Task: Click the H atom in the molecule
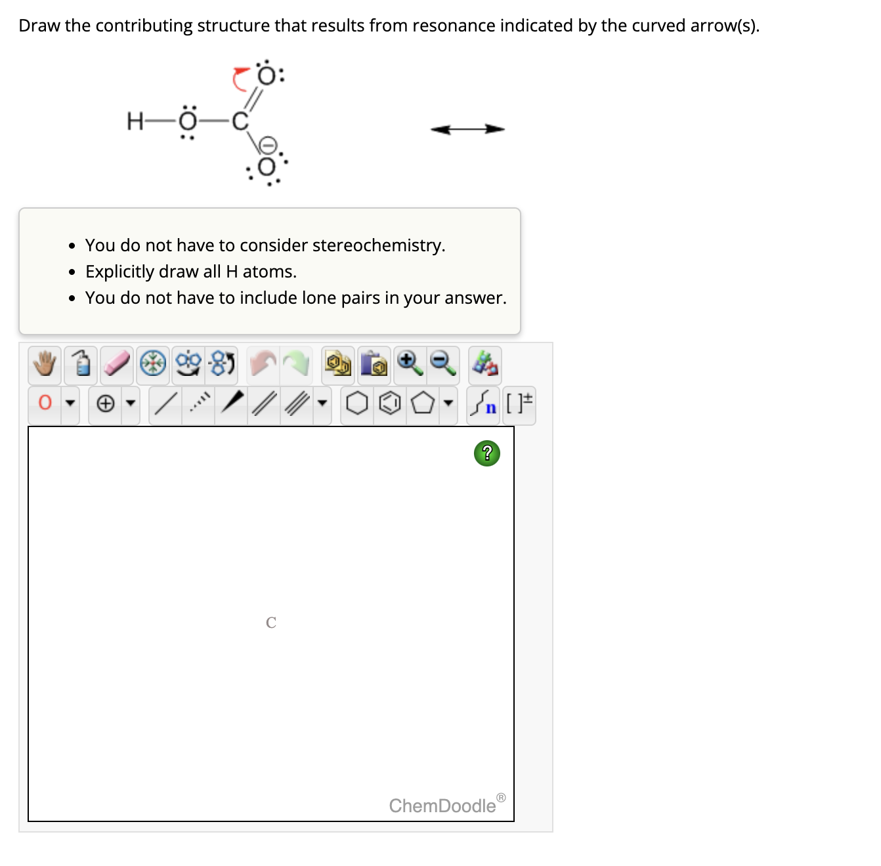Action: tap(135, 121)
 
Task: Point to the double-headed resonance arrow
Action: tap(467, 129)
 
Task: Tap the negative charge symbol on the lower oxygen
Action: tap(267, 144)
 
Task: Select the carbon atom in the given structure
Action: tap(240, 121)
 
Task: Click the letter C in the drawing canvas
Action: tap(271, 623)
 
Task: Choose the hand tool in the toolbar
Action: tap(45, 363)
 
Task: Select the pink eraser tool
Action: tap(117, 363)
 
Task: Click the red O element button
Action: tap(45, 402)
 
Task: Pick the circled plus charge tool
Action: tap(106, 403)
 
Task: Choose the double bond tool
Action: tap(264, 403)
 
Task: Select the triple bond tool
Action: tap(296, 403)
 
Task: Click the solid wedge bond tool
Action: tap(232, 402)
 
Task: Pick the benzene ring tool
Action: tap(390, 403)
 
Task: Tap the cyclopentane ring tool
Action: tap(422, 403)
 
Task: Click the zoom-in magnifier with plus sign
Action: tap(410, 363)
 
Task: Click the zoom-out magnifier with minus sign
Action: tap(443, 363)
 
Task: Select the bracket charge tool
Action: tap(520, 402)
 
